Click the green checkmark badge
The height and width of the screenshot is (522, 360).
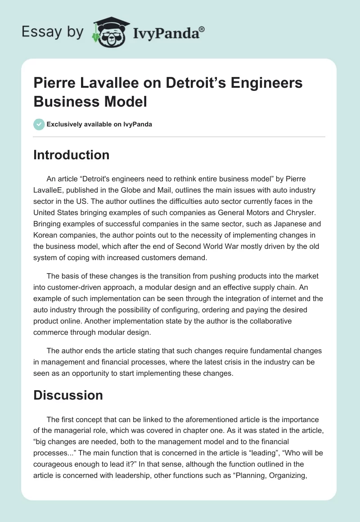pyautogui.click(x=39, y=124)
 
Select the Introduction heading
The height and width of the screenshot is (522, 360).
pyautogui.click(x=72, y=155)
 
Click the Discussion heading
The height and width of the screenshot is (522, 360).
pyautogui.click(x=68, y=395)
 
